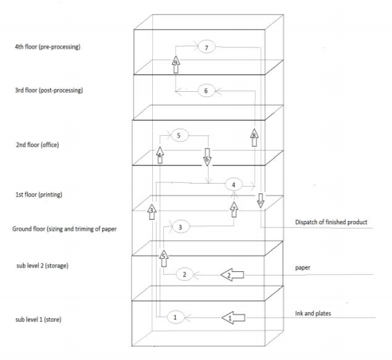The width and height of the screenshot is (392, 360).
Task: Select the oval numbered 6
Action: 207,91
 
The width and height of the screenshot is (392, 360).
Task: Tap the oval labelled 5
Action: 179,135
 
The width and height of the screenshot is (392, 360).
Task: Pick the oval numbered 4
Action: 233,184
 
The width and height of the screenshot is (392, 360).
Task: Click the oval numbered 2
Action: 185,274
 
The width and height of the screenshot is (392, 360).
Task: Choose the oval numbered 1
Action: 175,317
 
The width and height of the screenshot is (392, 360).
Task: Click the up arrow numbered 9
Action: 176,62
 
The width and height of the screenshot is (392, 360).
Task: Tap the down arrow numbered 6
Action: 207,159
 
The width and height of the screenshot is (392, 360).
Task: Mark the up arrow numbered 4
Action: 160,154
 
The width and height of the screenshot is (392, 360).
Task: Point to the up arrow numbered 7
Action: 234,208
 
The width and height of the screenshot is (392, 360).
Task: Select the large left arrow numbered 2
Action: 234,275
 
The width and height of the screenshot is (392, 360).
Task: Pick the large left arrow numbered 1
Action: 235,317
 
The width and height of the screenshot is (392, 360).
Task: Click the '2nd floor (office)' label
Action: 33,145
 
